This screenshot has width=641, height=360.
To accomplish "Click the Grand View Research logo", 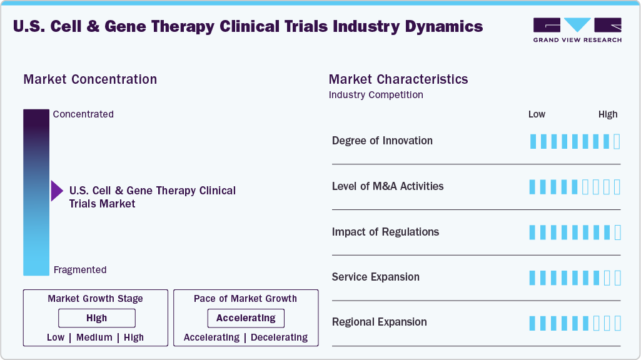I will point(577,30).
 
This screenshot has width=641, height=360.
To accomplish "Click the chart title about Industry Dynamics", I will point(248,26).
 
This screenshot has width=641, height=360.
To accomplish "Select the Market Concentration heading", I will point(90,79).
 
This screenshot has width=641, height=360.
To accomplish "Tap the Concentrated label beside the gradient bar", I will point(83,114).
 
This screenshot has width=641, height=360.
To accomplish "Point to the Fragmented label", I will point(80,270).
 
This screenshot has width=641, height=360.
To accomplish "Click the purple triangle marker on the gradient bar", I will point(57,191).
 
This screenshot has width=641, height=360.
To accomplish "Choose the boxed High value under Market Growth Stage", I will point(96,318).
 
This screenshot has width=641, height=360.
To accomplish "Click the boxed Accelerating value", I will point(246,318).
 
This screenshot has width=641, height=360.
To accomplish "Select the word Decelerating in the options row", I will point(279,337).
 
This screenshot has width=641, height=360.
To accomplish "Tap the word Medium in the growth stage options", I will point(94,337).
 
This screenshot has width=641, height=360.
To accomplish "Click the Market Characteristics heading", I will point(398,79).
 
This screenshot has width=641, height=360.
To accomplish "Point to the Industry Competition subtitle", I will point(376,95).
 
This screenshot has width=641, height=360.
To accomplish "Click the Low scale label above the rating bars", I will point(537,114).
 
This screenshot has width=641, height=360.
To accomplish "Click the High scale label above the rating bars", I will point(608,114).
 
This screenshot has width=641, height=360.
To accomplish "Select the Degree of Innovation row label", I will point(382,141).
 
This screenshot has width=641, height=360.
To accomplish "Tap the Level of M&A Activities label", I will point(388,186).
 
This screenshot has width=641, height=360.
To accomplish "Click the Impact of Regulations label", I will point(385,232).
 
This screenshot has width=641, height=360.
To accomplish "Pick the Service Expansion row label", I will point(376,277).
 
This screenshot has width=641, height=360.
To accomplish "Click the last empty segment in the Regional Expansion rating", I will point(617,323).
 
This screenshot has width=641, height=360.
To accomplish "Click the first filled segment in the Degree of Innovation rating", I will point(533,141).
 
